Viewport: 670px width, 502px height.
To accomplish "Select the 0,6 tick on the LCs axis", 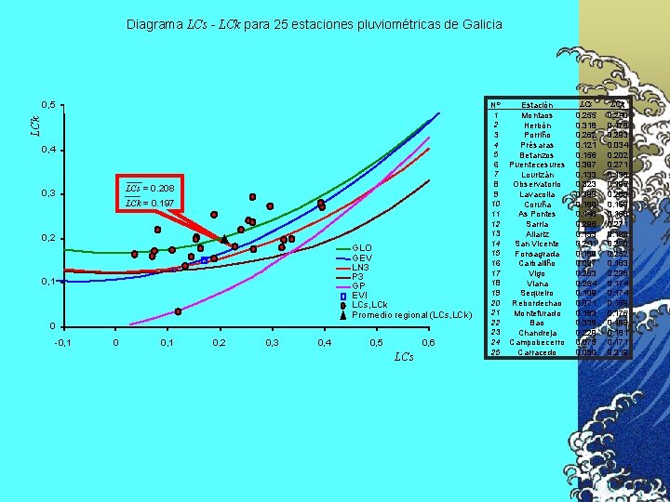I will click(x=428, y=343).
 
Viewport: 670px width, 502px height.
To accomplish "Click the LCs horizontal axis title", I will click(x=403, y=357).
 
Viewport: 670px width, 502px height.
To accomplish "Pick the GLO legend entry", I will click(x=361, y=247).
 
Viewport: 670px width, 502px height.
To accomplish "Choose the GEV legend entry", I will click(x=361, y=258).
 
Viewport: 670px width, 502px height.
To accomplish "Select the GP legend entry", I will click(x=357, y=285).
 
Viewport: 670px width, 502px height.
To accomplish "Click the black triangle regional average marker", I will click(x=224, y=239).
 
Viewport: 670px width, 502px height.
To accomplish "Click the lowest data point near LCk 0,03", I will click(x=177, y=312).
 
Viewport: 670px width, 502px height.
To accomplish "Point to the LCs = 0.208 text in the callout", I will click(x=149, y=188).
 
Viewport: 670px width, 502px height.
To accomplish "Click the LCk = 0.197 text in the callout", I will click(x=149, y=203).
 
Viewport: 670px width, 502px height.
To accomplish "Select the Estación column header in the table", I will click(x=536, y=105).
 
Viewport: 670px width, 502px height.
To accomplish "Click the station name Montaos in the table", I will click(x=536, y=115).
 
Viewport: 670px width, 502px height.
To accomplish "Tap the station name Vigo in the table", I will click(x=536, y=273).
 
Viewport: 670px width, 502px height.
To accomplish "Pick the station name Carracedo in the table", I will click(x=536, y=352).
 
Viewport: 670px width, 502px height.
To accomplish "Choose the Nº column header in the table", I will click(x=496, y=105).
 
